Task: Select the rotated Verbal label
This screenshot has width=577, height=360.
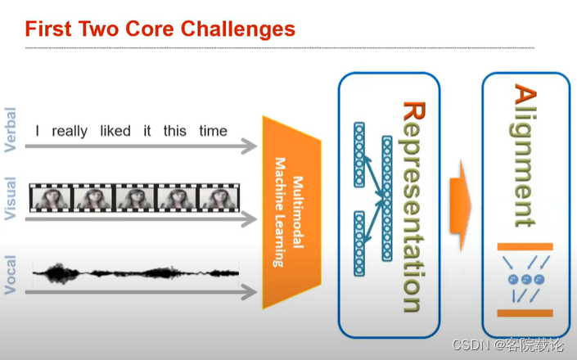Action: (11, 130)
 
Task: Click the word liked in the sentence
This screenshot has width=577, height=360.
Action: (115, 131)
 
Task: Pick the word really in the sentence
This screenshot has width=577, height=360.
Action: (70, 131)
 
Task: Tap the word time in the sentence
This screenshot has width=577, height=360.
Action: (214, 131)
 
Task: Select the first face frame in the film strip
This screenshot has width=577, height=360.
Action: (51, 198)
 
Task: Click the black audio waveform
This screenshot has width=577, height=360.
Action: (135, 272)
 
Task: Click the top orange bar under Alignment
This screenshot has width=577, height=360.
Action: (525, 247)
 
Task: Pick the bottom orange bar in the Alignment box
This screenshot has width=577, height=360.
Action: (525, 313)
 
